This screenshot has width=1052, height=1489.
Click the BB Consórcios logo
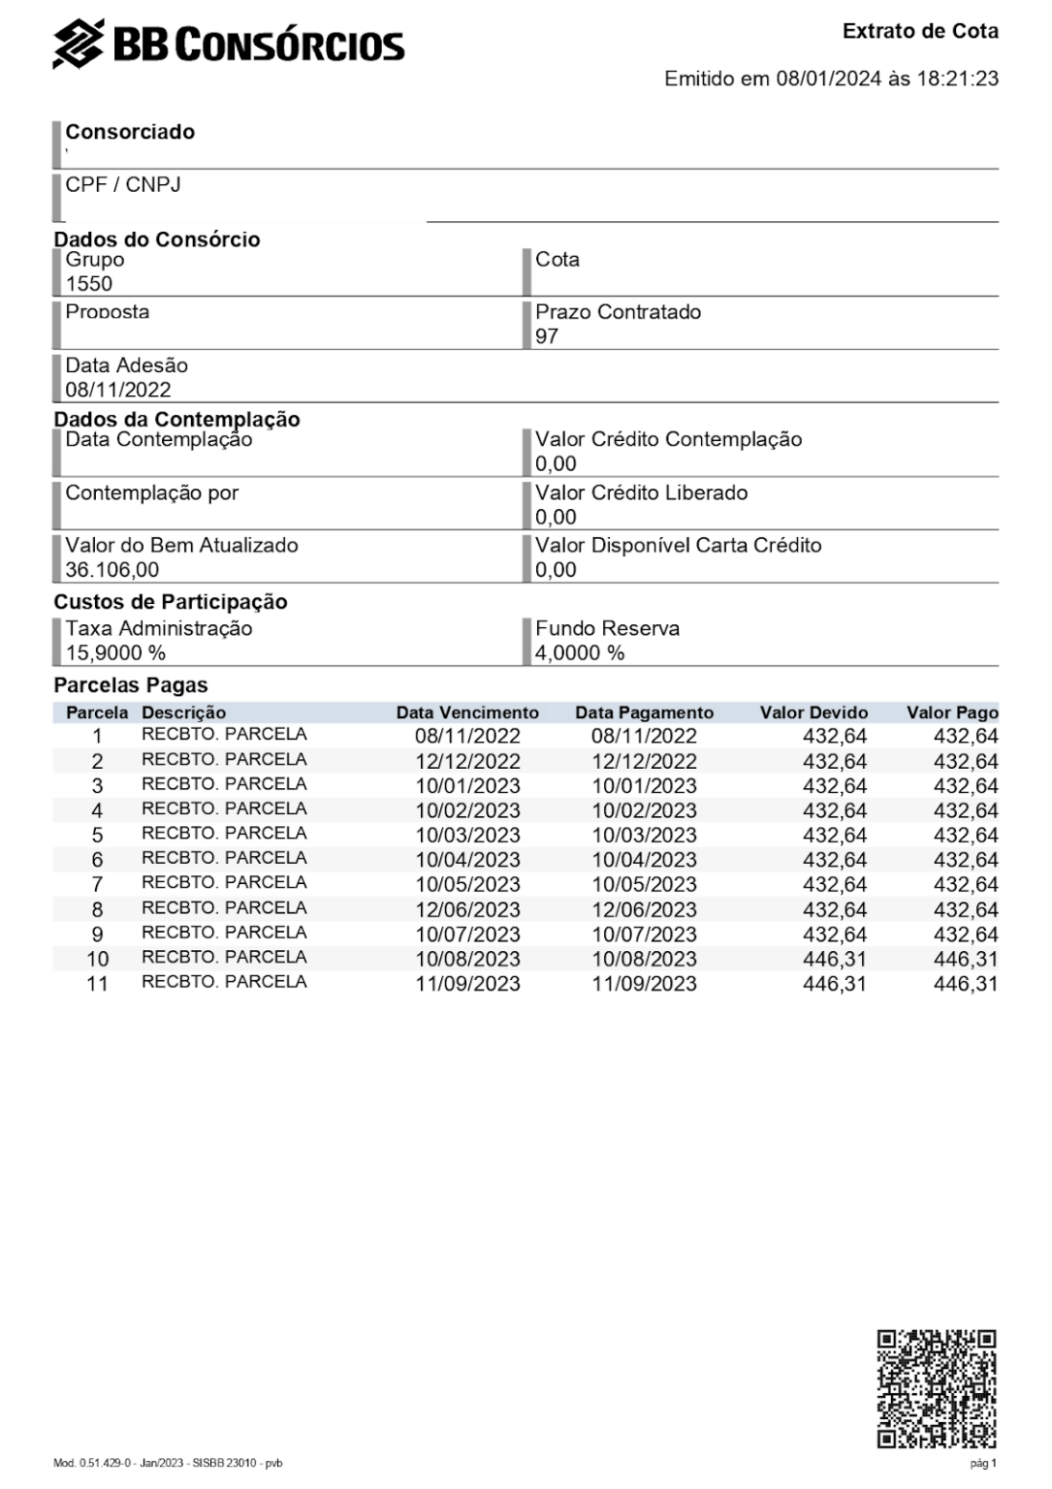(x=229, y=45)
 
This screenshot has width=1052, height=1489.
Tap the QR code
(x=937, y=1388)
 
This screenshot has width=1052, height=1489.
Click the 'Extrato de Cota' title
(x=920, y=31)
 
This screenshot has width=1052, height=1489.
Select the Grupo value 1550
(x=89, y=284)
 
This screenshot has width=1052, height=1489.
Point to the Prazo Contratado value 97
(x=547, y=336)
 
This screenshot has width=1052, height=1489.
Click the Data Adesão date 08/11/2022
(x=118, y=390)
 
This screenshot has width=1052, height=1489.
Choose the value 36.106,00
(x=112, y=570)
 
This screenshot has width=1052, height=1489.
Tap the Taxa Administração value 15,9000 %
(x=115, y=653)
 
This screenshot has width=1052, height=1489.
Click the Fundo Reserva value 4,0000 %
(x=580, y=653)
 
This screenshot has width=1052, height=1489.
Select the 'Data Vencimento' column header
(x=467, y=713)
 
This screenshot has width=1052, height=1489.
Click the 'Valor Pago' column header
(x=952, y=713)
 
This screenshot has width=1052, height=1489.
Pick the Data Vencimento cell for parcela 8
(x=468, y=909)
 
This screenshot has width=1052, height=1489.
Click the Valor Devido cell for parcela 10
(x=835, y=959)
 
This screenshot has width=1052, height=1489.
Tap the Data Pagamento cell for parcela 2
(x=645, y=761)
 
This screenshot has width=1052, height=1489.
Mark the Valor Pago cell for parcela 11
(x=966, y=984)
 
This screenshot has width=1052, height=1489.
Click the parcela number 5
(x=97, y=835)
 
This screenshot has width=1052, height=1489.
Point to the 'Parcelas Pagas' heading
(x=131, y=685)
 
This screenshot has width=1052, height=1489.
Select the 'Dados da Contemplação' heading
(x=176, y=419)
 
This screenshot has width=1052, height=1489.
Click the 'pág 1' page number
(x=983, y=1463)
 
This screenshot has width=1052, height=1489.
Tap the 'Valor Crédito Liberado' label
(x=642, y=492)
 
